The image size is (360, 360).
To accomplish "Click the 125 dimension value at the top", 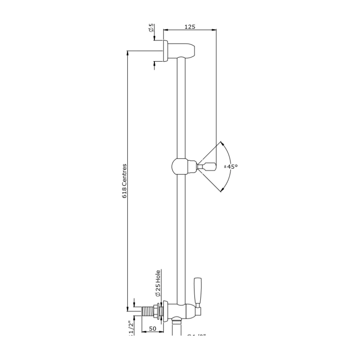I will pyautogui.click(x=190, y=27).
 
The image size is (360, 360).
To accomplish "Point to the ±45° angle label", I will pyautogui.click(x=231, y=166).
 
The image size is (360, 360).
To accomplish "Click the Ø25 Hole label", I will pyautogui.click(x=158, y=283).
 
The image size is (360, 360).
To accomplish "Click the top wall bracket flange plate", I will pyautogui.click(x=165, y=50).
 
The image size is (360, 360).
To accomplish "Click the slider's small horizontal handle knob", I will pyautogui.click(x=208, y=167).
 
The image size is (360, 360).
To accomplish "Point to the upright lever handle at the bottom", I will pyautogui.click(x=197, y=290).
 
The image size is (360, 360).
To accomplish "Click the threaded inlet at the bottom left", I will pyautogui.click(x=147, y=310).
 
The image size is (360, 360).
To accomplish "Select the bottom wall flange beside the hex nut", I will pyautogui.click(x=166, y=310).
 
